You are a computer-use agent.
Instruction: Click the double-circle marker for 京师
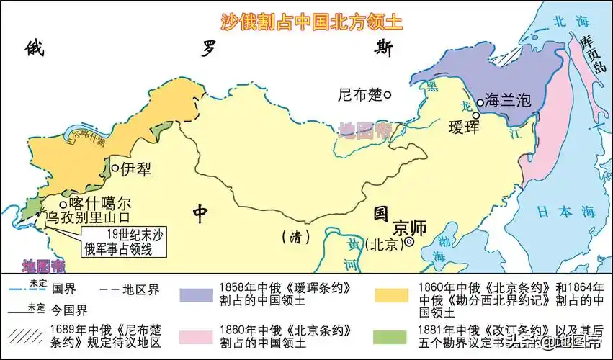click(x=409, y=243)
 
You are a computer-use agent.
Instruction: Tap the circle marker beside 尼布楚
click(x=388, y=94)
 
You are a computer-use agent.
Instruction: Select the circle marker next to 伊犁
click(x=115, y=168)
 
